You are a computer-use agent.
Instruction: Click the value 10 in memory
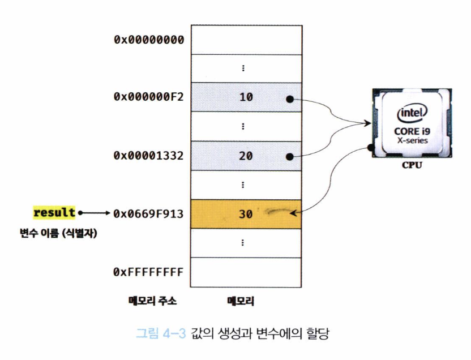246,97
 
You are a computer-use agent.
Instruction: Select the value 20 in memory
246,156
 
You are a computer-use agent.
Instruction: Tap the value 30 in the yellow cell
246,214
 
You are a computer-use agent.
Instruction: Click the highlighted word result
54,213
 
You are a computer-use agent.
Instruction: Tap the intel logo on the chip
412,113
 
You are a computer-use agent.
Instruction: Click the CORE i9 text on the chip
412,131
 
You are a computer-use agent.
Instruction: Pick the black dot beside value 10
289,98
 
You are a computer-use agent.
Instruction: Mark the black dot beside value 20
289,156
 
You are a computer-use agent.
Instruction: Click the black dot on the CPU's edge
370,147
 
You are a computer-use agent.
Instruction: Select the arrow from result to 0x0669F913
94,213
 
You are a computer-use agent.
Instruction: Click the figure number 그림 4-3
161,332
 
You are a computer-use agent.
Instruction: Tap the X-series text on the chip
412,141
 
